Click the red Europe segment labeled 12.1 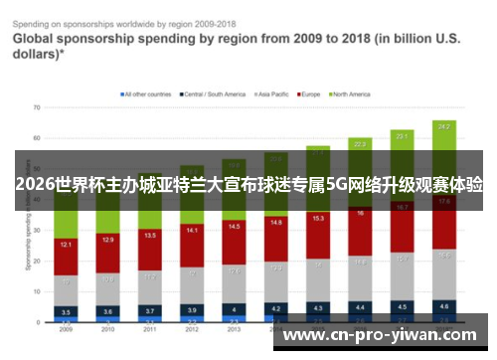coord(66,245)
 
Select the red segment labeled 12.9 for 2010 coord(108,240)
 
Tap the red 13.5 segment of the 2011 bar coord(150,236)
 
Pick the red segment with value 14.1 coord(193,231)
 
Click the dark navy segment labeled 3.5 coord(66,312)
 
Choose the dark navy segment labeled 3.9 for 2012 coord(193,310)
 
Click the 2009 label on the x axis coord(66,329)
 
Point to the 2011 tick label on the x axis coord(150,329)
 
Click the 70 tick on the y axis coord(36,107)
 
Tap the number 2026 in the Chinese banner coord(35,184)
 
